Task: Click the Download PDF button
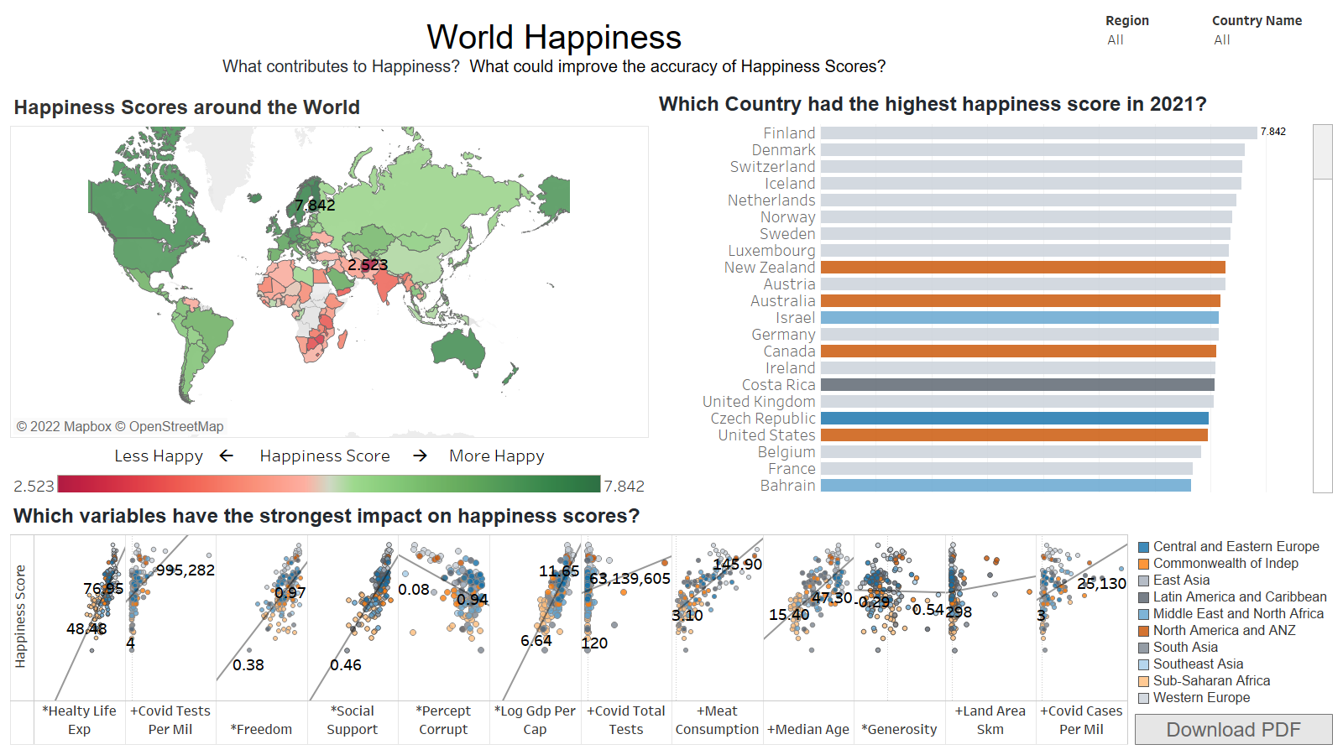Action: pos(1233,730)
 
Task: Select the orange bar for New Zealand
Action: pos(1022,268)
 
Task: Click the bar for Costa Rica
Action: pos(1017,385)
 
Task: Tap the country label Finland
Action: pos(789,133)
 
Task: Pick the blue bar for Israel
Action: pos(1019,318)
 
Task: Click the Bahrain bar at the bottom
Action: pos(1006,486)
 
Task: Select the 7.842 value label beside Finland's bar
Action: pos(1272,132)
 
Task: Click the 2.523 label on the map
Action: pos(368,265)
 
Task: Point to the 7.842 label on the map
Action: pos(315,205)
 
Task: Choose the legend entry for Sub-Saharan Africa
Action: pos(1211,681)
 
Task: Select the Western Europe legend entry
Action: pos(1201,698)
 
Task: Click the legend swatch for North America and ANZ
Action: pos(1143,631)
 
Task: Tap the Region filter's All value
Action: pos(1116,40)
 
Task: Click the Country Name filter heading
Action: pos(1257,21)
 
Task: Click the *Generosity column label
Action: pos(899,730)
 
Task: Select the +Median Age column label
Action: pos(808,730)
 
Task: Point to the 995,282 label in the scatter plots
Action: pos(186,570)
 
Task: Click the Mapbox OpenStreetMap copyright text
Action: pos(120,426)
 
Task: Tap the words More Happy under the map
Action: pos(496,456)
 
